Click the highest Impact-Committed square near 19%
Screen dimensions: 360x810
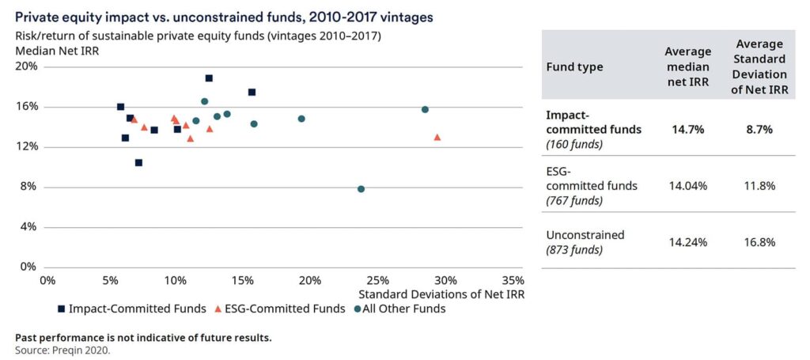click(209, 78)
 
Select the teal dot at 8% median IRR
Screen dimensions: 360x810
click(361, 189)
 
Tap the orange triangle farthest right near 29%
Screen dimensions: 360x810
click(437, 138)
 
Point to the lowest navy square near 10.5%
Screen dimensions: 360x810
click(138, 163)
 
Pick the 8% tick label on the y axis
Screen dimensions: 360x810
click(28, 188)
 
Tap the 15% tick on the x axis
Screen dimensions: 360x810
click(245, 280)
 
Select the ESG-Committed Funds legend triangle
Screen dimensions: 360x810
click(218, 309)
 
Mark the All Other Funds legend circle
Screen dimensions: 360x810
click(358, 309)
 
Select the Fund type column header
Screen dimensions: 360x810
click(574, 66)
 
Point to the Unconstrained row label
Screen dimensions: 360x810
click(585, 235)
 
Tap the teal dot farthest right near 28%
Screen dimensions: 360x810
click(425, 109)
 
